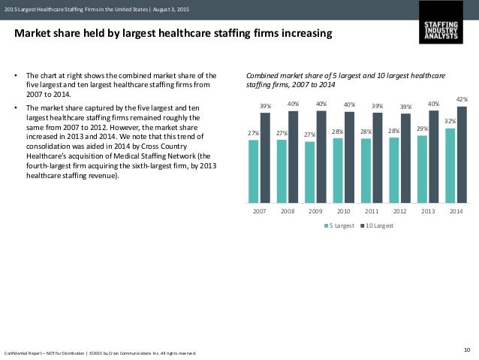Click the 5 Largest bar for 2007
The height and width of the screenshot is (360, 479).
(x=253, y=171)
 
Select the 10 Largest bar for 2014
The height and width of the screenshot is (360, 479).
(x=462, y=155)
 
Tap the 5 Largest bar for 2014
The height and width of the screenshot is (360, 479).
(x=450, y=165)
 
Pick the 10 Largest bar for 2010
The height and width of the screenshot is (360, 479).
(x=349, y=157)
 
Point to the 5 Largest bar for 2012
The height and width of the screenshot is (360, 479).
(x=393, y=171)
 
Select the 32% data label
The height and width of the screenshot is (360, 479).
(x=449, y=120)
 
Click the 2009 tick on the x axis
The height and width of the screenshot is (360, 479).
(x=315, y=213)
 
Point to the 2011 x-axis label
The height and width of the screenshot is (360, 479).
(x=372, y=213)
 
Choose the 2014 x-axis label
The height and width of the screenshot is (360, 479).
(x=456, y=213)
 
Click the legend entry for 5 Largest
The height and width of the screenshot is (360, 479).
(x=339, y=225)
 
